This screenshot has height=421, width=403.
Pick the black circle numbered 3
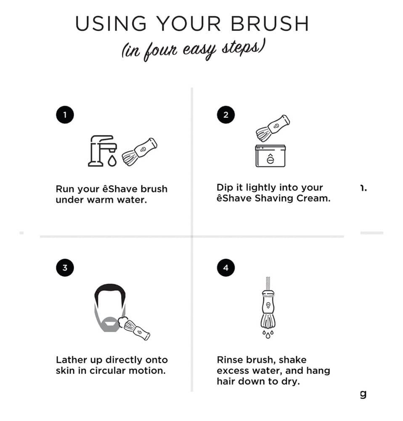[x=65, y=268]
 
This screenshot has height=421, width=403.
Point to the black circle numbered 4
[x=226, y=268]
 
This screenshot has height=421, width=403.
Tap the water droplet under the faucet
[x=112, y=161]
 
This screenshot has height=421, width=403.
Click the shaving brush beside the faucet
[x=139, y=151]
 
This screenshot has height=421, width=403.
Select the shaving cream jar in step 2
[x=270, y=156]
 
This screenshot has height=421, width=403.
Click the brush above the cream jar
[x=273, y=127]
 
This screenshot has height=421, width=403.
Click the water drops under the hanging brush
[x=268, y=334]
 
